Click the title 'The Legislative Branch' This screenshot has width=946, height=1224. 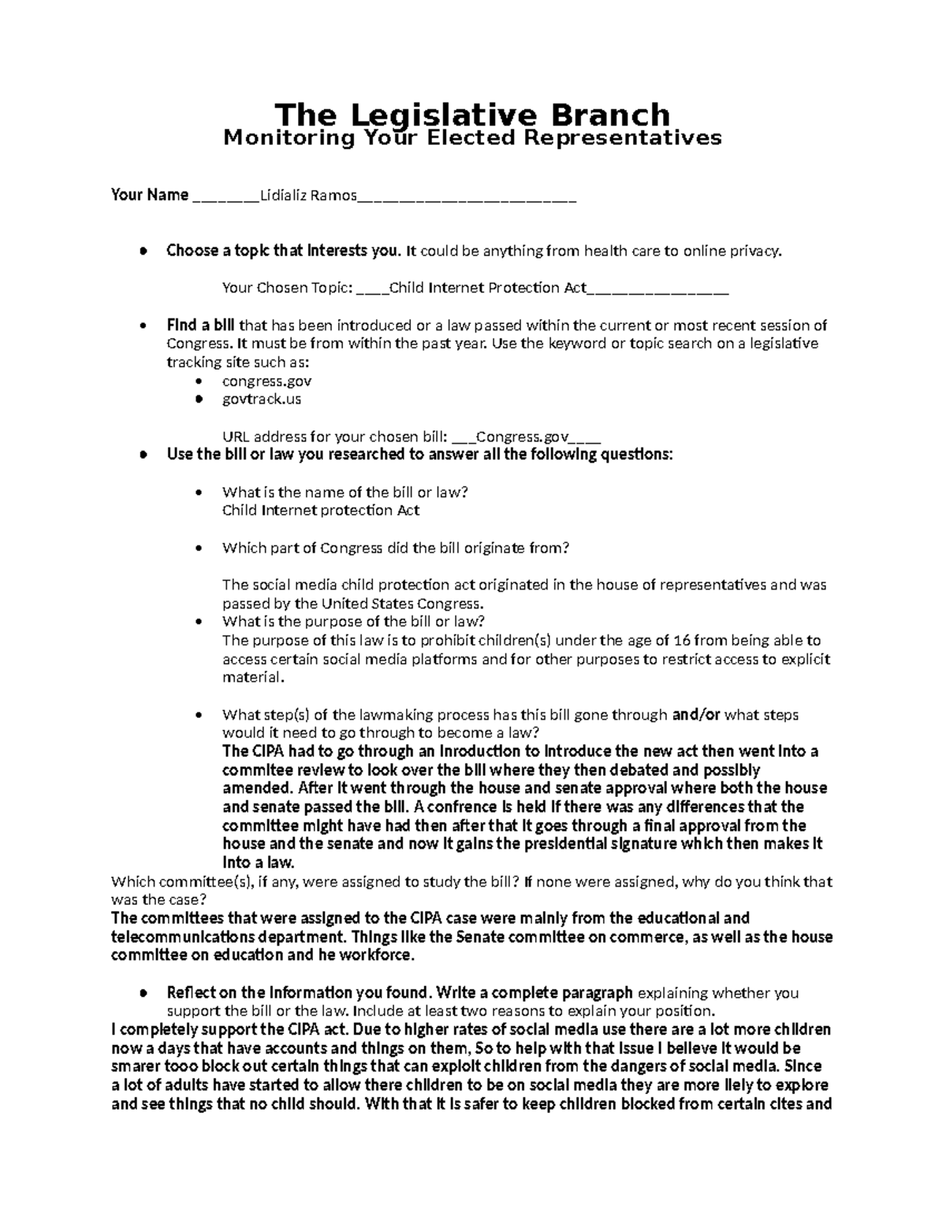point(472,115)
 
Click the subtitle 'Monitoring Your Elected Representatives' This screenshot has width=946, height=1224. point(472,138)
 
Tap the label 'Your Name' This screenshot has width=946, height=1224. point(150,195)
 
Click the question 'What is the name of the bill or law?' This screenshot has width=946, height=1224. point(345,493)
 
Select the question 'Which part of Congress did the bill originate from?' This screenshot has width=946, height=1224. point(396,548)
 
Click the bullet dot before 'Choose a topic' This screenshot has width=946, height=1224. point(142,251)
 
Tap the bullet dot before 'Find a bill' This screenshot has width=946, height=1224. point(142,326)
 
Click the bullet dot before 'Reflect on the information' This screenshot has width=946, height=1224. point(142,993)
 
